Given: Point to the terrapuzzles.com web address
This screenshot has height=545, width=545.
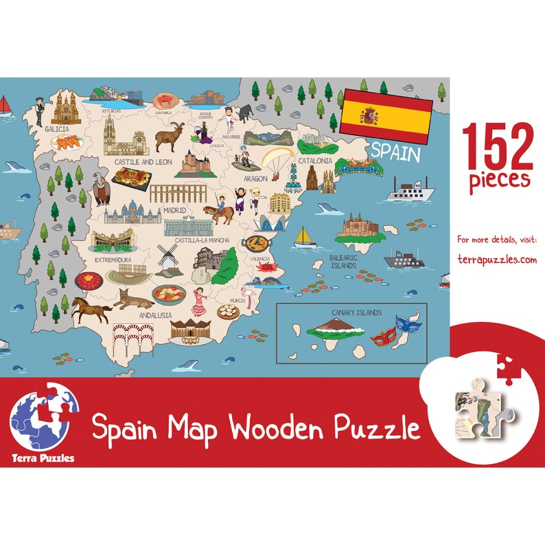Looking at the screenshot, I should (x=497, y=259).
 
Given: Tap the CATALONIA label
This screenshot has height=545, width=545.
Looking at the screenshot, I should (x=314, y=161).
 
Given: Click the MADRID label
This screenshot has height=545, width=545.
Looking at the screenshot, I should (x=174, y=211).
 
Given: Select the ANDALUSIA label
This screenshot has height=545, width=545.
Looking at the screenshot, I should (x=155, y=315).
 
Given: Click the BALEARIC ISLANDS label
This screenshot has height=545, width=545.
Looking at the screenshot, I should (x=343, y=262).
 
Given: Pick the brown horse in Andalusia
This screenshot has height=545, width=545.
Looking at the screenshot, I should (x=91, y=310).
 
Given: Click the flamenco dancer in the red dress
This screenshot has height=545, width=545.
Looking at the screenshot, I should (x=199, y=301).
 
